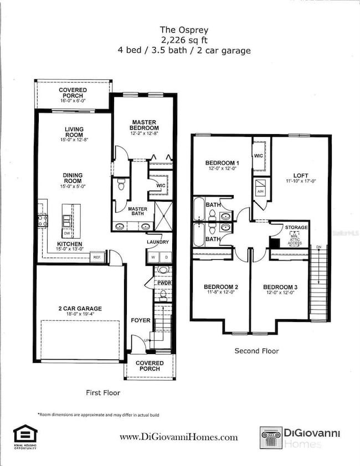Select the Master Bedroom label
(144, 125)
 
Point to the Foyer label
(140, 320)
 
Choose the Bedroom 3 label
(280, 286)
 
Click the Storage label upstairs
(296, 227)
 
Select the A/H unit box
(261, 191)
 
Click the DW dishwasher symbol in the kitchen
(66, 218)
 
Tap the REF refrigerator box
(97, 258)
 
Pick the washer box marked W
(152, 257)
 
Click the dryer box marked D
(164, 257)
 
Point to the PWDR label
(163, 283)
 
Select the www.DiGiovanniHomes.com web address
(179, 437)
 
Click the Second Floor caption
(256, 351)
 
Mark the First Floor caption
(103, 392)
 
